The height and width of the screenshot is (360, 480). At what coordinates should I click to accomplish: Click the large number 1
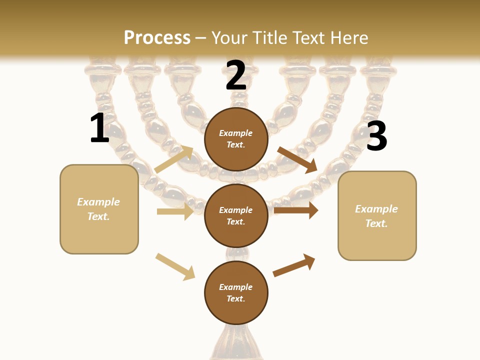99,128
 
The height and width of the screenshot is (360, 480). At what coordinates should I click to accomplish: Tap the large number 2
236,75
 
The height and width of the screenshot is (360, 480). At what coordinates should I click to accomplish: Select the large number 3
376,136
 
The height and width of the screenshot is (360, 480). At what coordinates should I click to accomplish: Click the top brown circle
236,139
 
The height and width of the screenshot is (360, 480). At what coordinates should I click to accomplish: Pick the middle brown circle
236,215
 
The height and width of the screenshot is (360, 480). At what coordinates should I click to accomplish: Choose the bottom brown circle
236,292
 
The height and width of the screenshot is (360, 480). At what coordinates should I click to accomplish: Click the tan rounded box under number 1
99,209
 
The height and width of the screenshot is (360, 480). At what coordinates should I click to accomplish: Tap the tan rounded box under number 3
377,215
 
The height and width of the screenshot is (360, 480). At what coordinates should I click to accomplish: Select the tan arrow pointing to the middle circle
175,211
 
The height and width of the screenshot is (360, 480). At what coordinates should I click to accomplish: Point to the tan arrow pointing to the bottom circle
175,266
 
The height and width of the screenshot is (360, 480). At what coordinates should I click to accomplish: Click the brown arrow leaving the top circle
297,159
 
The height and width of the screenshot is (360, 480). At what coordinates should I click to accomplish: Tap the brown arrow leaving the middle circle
295,210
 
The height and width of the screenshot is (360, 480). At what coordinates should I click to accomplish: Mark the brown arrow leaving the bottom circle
294,265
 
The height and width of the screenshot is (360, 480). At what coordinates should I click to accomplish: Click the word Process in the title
157,37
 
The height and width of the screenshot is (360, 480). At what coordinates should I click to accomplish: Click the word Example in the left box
98,202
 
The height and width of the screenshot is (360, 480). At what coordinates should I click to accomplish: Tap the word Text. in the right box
376,223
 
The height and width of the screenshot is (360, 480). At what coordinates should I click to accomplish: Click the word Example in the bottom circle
236,287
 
